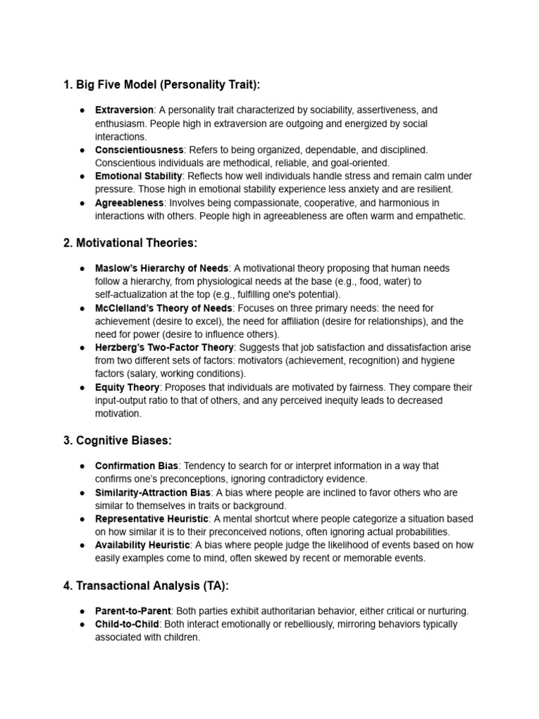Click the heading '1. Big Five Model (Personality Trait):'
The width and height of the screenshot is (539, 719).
coord(161,85)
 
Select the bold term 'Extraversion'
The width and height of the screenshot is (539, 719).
coord(124,110)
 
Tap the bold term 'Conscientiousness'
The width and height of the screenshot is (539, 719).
coord(139,150)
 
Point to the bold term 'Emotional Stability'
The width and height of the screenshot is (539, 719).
coord(138,176)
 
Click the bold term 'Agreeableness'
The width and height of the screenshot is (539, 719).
coord(129,203)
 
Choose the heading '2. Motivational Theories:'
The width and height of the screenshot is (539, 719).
coord(131,243)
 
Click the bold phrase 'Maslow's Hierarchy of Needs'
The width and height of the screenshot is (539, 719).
coord(161,268)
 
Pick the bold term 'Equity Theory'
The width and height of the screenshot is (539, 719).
coord(127,388)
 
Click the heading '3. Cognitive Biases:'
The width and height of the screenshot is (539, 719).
coord(117,441)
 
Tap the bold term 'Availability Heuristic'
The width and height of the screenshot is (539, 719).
coord(142,546)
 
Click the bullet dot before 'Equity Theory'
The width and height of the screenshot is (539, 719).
coord(82,388)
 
